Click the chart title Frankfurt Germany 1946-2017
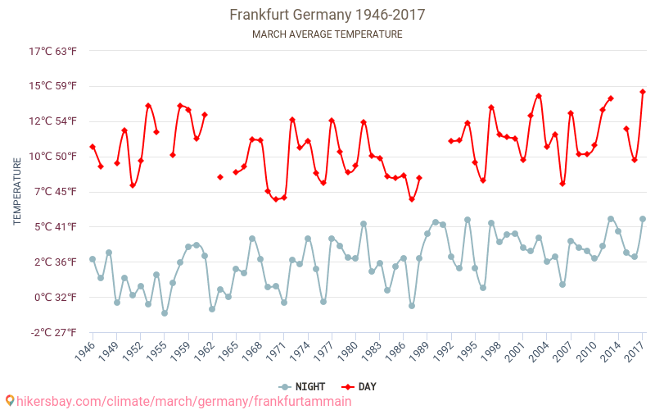tap(327, 15)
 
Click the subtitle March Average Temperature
tap(327, 34)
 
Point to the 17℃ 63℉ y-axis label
tap(53, 51)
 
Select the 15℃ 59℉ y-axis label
tap(53, 86)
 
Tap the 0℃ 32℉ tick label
tap(53, 297)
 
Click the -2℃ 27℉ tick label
tap(53, 332)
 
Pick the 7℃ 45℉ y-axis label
tap(53, 191)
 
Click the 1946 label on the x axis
tap(85, 353)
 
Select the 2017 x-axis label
tap(635, 353)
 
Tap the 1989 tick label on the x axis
tap(420, 353)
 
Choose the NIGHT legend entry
tap(302, 386)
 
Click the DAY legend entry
tap(359, 386)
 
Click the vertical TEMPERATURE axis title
tap(17, 192)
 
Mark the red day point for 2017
tap(643, 92)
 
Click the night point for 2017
tap(643, 219)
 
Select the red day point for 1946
tap(93, 147)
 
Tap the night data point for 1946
tap(93, 259)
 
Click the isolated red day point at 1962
tap(220, 177)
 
